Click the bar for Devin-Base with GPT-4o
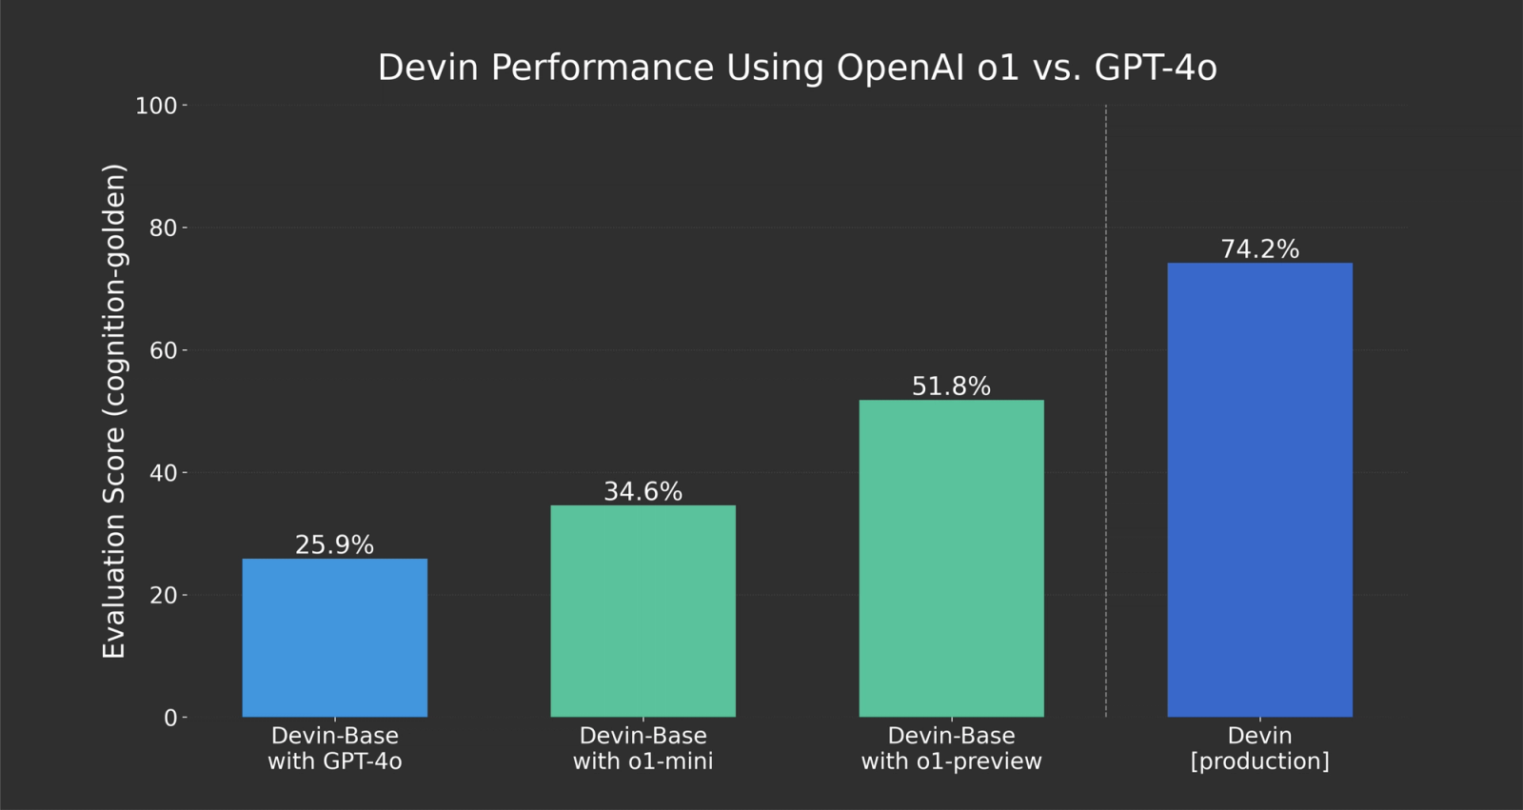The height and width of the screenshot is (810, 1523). pyautogui.click(x=334, y=638)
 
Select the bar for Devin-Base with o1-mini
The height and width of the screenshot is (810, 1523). pyautogui.click(x=643, y=611)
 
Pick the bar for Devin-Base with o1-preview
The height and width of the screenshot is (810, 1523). pyautogui.click(x=951, y=558)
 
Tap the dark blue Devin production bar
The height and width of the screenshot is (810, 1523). pyautogui.click(x=1259, y=489)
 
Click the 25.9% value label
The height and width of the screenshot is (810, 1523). pyautogui.click(x=334, y=544)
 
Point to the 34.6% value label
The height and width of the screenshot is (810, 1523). pyautogui.click(x=643, y=491)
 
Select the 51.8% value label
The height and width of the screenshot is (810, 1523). pyautogui.click(x=951, y=385)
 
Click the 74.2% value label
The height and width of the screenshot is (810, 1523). pyautogui.click(x=1259, y=248)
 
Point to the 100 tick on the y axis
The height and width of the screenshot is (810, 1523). pyautogui.click(x=157, y=106)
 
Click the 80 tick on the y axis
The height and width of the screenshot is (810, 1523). pyautogui.click(x=163, y=227)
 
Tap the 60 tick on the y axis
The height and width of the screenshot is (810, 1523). pyautogui.click(x=163, y=350)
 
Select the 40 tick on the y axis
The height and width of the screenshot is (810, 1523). pyautogui.click(x=163, y=472)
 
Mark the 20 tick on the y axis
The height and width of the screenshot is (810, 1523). pyautogui.click(x=163, y=595)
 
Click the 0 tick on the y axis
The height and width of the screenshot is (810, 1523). pyautogui.click(x=170, y=718)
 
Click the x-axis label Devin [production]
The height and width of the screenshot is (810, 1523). pyautogui.click(x=1259, y=748)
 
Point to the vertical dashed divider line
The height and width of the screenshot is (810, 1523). pyautogui.click(x=1105, y=409)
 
